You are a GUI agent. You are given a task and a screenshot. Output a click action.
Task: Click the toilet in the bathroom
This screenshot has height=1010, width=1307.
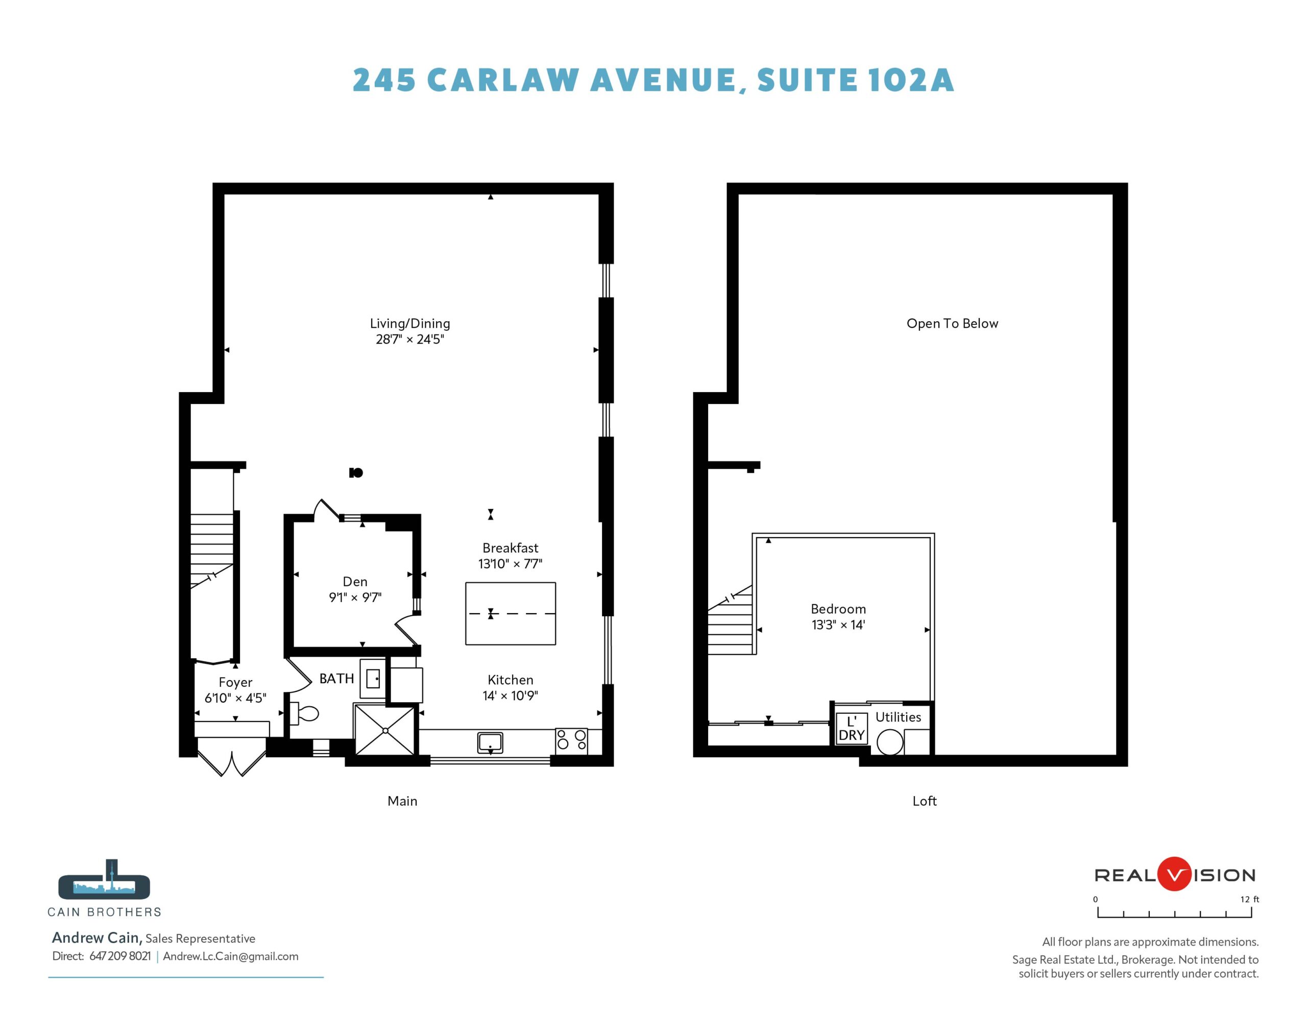coord(305,713)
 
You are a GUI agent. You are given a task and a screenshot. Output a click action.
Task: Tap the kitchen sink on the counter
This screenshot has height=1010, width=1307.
coord(490,742)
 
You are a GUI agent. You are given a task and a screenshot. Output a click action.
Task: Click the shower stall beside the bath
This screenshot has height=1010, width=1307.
coord(385,730)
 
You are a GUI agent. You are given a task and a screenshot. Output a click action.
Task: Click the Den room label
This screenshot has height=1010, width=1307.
coord(355,581)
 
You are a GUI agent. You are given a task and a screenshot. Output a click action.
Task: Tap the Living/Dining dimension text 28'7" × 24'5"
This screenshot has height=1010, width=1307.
coord(410,340)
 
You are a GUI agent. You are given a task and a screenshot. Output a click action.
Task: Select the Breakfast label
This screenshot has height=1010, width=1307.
coord(511,548)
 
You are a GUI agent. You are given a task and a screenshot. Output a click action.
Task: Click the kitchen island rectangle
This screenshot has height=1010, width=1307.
coord(511,613)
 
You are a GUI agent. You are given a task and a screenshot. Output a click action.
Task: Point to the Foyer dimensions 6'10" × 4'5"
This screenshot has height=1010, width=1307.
coord(235,698)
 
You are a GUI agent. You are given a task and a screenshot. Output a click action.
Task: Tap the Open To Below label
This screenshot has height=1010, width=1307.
coord(952,323)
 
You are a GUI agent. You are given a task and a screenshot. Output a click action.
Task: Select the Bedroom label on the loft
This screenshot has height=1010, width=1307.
coord(838,609)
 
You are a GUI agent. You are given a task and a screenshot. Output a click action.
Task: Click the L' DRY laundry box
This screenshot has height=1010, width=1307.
coord(852,729)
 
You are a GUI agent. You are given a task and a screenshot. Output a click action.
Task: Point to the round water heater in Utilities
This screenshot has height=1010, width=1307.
coord(890,742)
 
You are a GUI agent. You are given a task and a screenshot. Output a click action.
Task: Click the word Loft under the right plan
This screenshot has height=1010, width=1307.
coord(924,801)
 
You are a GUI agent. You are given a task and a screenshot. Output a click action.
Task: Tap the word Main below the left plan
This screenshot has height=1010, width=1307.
coord(402,801)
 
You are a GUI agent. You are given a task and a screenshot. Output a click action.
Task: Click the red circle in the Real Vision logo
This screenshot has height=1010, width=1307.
coord(1175,874)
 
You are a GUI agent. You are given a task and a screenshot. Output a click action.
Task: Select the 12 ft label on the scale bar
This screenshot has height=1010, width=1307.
coord(1249,899)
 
